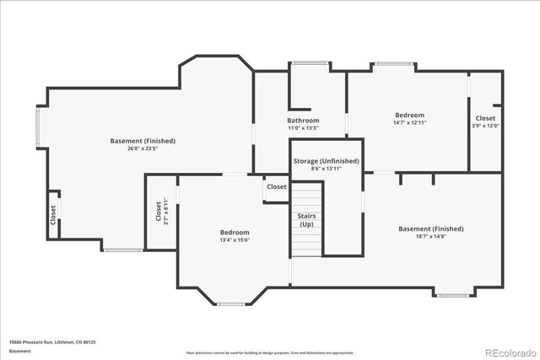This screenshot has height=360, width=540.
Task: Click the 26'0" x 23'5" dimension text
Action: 143,149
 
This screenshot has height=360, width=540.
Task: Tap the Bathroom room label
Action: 303,121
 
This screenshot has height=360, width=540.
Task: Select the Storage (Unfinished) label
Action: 326,160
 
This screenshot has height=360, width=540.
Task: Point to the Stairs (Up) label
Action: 307,221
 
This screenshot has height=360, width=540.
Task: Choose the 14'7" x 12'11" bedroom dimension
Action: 409,123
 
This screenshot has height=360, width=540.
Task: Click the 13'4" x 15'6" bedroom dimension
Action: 235,240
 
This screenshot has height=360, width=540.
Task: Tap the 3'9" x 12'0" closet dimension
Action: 485,126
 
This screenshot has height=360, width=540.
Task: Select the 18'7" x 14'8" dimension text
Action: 431,237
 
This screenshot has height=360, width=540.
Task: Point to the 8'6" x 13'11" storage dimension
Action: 326,169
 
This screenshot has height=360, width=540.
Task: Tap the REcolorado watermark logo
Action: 510,352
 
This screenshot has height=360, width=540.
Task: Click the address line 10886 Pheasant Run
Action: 52,341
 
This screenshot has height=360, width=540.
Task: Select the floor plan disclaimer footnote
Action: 270,352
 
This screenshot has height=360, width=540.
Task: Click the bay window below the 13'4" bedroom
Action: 230,304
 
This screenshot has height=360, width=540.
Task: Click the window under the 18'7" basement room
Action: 453,294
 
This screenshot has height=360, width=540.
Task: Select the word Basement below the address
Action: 20,351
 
